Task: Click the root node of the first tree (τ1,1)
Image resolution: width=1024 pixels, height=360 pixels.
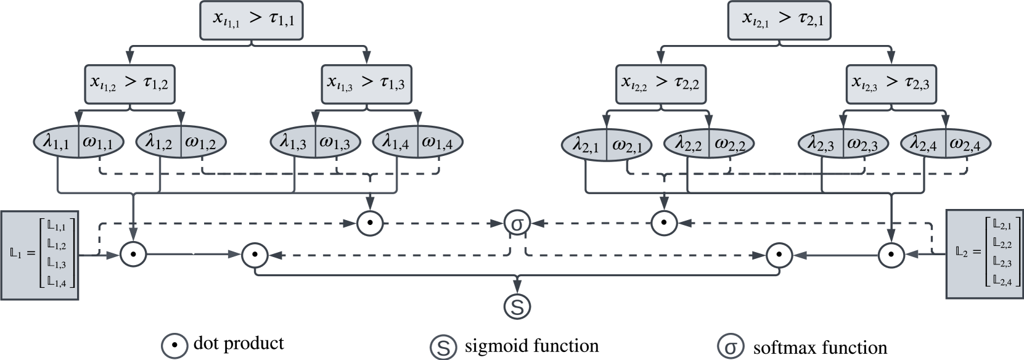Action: (252, 20)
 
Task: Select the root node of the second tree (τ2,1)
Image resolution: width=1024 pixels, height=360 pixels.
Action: (779, 20)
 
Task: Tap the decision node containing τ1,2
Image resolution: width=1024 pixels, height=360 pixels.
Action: (130, 84)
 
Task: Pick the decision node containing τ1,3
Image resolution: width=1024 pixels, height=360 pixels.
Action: (367, 84)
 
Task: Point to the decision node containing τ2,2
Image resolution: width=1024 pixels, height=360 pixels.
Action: (660, 84)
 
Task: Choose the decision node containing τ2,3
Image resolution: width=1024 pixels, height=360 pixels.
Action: (891, 84)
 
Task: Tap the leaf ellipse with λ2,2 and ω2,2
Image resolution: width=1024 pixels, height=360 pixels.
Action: (709, 145)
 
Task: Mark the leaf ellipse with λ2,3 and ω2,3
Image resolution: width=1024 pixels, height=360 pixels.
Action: (843, 145)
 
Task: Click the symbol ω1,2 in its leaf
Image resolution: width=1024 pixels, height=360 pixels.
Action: (200, 143)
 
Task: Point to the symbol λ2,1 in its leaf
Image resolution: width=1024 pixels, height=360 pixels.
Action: (586, 145)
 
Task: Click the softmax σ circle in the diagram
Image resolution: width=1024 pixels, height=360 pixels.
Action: (517, 223)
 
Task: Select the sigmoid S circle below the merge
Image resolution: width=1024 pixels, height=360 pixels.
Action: (517, 306)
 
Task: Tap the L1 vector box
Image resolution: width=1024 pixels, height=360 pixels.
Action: (40, 255)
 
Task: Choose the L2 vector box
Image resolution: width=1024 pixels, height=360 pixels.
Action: (984, 254)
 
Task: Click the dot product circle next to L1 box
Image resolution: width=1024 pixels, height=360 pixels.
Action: (133, 254)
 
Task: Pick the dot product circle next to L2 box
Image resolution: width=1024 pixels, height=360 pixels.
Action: (891, 254)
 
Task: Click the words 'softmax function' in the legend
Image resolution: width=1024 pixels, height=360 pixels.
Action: (820, 348)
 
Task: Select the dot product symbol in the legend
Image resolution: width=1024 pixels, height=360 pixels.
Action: (174, 345)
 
